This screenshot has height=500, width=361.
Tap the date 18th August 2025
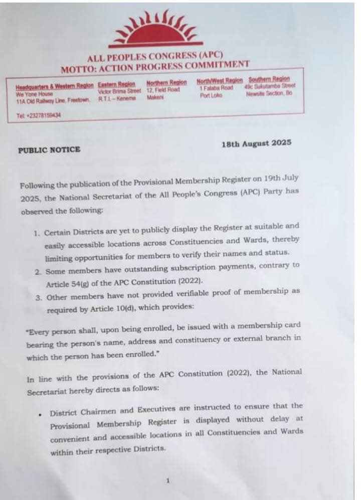click(x=256, y=144)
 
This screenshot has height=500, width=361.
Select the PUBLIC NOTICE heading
click(x=49, y=149)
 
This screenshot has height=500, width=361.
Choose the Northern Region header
click(x=166, y=82)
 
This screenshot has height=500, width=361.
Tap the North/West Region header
click(x=220, y=80)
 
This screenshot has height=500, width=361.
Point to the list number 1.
click(x=37, y=234)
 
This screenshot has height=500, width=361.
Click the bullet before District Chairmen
click(x=40, y=414)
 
